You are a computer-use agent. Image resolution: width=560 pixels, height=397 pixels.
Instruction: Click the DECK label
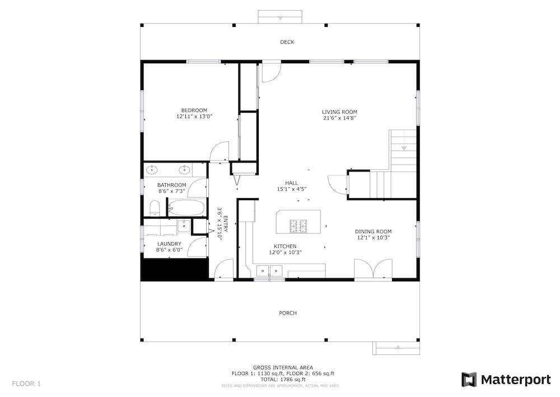pyautogui.click(x=287, y=42)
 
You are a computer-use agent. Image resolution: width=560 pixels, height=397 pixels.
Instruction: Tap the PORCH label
pyautogui.click(x=288, y=313)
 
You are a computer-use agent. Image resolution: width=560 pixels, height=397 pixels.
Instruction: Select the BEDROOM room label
pyautogui.click(x=194, y=110)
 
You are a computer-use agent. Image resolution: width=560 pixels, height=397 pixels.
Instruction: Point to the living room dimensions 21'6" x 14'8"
pyautogui.click(x=340, y=118)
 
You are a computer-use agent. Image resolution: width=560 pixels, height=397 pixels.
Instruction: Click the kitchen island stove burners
pyautogui.click(x=298, y=226)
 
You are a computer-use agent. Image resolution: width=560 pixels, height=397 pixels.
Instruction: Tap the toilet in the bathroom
pyautogui.click(x=155, y=209)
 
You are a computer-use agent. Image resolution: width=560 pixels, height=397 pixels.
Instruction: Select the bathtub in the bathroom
pyautogui.click(x=186, y=208)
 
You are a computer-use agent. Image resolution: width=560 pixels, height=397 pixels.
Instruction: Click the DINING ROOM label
pyautogui.click(x=373, y=232)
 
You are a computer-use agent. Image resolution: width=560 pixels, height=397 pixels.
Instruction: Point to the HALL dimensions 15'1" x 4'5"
pyautogui.click(x=292, y=189)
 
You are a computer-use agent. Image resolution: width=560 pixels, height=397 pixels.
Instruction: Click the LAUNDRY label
pyautogui.click(x=169, y=244)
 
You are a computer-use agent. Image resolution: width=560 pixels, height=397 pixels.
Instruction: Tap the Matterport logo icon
pyautogui.click(x=469, y=380)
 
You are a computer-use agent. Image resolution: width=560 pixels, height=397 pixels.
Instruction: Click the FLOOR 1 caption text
pyautogui.click(x=26, y=384)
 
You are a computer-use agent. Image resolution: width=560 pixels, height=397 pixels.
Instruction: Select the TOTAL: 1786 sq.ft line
pyautogui.click(x=283, y=380)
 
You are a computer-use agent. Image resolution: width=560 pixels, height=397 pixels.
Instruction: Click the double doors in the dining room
pyautogui.click(x=373, y=268)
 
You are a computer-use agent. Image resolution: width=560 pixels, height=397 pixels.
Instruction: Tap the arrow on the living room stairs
pyautogui.click(x=404, y=148)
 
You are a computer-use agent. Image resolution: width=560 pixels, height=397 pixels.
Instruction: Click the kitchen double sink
pyautogui.click(x=270, y=271)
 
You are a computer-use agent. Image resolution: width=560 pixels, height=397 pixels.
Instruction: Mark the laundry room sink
pyautogui.click(x=184, y=226)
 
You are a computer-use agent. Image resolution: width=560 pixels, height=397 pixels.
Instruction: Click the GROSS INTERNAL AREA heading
pyautogui.click(x=283, y=368)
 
